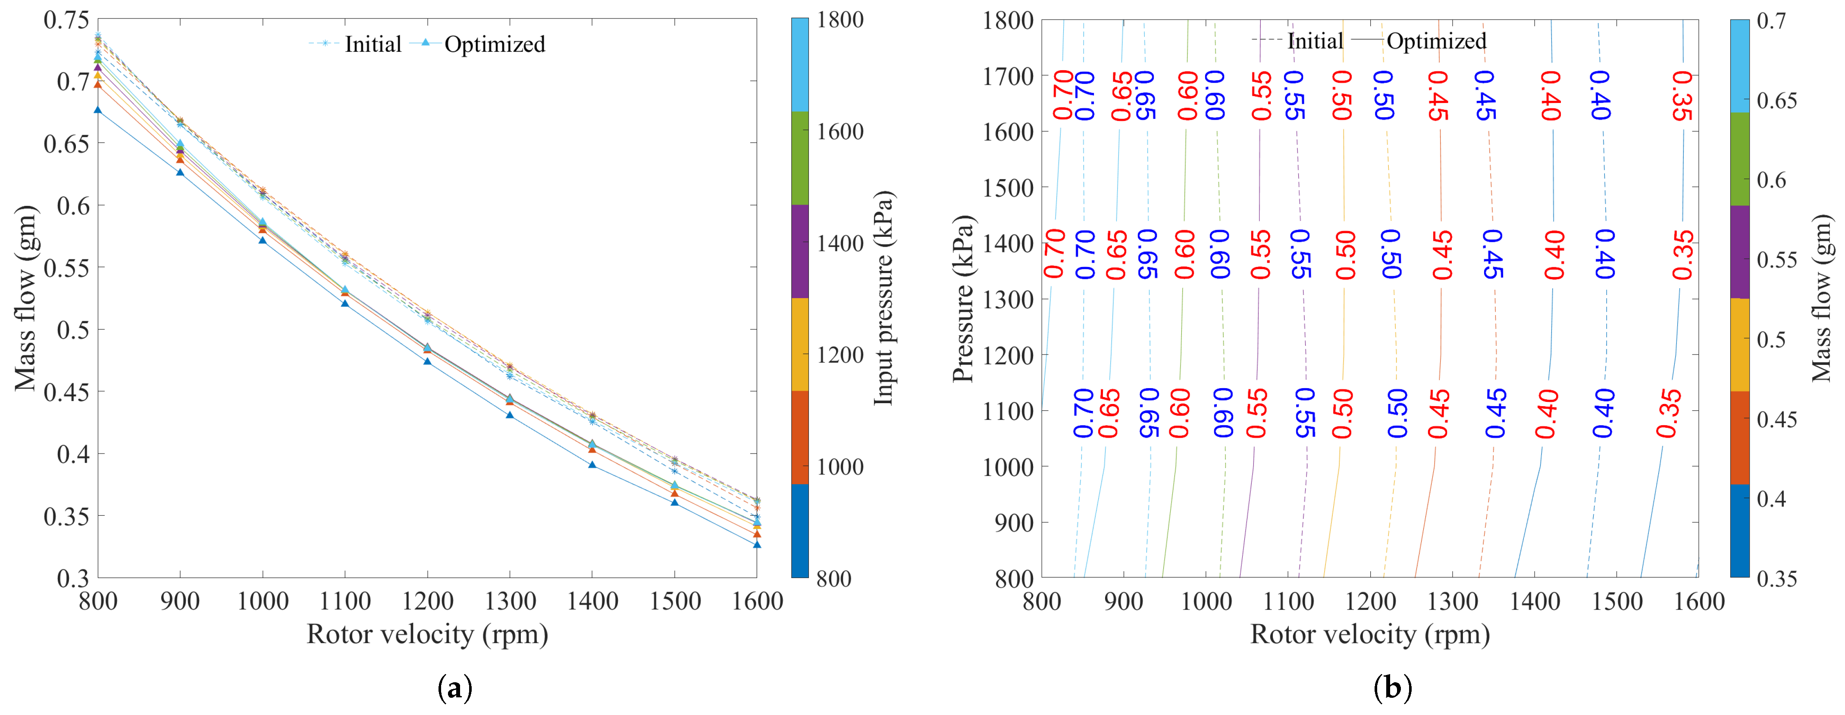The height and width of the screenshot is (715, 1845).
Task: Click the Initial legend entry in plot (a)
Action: pos(373,44)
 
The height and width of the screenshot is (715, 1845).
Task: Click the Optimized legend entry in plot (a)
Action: pos(494,44)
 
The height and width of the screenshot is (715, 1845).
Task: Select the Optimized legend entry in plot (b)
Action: pos(1436,41)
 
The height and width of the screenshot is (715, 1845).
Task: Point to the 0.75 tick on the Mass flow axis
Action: pos(66,20)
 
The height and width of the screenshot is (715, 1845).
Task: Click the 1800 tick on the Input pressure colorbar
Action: pos(839,20)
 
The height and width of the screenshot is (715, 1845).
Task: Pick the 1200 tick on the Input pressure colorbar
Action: pos(839,355)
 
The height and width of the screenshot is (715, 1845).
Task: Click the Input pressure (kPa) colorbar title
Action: pos(884,298)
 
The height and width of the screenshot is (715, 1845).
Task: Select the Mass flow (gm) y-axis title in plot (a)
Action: pos(26,298)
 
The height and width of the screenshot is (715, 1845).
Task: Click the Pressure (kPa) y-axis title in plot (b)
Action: pos(963,298)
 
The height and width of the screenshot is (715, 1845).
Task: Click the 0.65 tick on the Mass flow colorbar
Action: pos(1776,101)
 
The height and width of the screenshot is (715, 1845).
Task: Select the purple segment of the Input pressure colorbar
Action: pos(800,251)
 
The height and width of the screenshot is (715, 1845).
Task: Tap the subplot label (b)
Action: pos(1392,689)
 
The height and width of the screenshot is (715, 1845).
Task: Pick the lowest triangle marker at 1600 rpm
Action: pos(757,545)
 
